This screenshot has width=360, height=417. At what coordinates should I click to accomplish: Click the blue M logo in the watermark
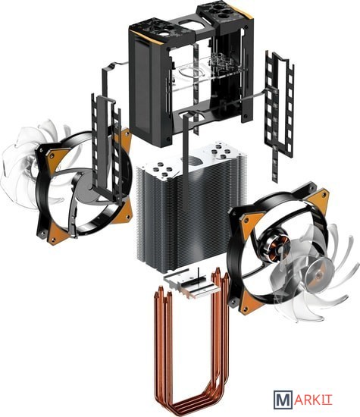click(283, 400)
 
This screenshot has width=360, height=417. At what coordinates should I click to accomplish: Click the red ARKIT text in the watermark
click(313, 400)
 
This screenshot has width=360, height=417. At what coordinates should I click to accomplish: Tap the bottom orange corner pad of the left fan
click(56, 234)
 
